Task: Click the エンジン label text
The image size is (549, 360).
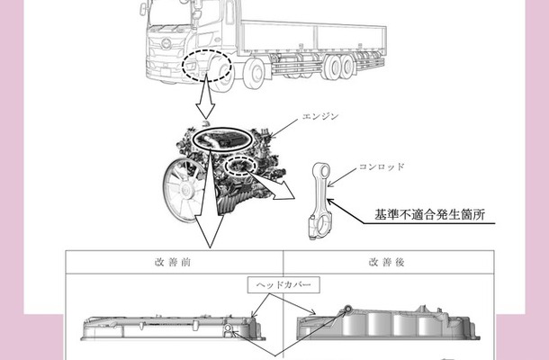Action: coord(320,116)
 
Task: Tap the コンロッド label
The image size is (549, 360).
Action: coord(382,166)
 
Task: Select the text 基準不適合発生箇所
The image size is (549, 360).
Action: coord(430,215)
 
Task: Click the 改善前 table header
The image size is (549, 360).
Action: coord(173,262)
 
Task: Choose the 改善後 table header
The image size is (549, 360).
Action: coord(386,262)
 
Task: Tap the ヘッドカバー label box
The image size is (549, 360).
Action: coord(283,284)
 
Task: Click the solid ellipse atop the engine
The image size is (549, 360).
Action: coord(222,139)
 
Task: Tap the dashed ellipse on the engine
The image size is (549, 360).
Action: coord(240,166)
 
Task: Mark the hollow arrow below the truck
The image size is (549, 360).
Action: coord(205,97)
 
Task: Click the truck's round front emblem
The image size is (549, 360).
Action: coord(166,44)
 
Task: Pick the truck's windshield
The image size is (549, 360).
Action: coord(170,14)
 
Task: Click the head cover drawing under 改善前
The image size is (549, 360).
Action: coord(173,328)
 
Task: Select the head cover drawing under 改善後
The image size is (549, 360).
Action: coord(388,323)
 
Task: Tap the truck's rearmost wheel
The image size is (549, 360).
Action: coord(347,67)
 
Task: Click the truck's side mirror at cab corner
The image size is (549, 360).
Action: coord(143,9)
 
